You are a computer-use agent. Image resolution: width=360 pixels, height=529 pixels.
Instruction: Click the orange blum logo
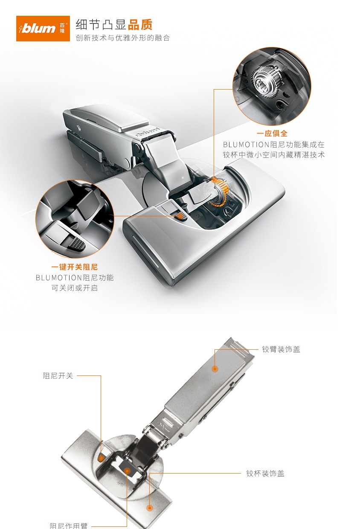(x=43, y=29)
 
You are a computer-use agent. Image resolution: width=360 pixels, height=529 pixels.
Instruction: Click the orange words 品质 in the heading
(x=140, y=25)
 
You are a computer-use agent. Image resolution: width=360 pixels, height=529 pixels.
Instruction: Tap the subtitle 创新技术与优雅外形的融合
(x=123, y=38)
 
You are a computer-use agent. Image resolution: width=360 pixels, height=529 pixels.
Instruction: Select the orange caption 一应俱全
(x=272, y=134)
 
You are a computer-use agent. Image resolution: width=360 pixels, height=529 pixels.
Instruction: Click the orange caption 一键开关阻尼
(x=74, y=267)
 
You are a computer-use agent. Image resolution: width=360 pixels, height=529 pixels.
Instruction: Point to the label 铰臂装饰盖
(x=281, y=349)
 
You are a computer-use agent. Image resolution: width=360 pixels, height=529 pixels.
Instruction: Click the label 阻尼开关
(x=58, y=376)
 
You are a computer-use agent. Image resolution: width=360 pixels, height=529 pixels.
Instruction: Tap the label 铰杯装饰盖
(x=265, y=474)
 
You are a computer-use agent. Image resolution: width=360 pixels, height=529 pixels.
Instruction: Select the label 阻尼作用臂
(x=69, y=526)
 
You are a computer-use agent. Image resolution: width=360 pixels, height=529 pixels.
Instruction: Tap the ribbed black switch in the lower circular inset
(x=76, y=243)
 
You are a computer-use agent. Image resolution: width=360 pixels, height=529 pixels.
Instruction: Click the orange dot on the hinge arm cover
(x=215, y=369)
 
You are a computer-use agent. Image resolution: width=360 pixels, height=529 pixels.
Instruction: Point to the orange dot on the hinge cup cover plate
(x=149, y=508)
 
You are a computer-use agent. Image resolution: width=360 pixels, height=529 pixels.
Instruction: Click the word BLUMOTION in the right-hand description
(x=246, y=144)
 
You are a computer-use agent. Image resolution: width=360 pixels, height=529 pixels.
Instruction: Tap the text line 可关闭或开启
(x=75, y=288)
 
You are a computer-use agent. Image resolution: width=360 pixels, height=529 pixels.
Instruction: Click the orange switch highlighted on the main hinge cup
(x=180, y=215)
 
